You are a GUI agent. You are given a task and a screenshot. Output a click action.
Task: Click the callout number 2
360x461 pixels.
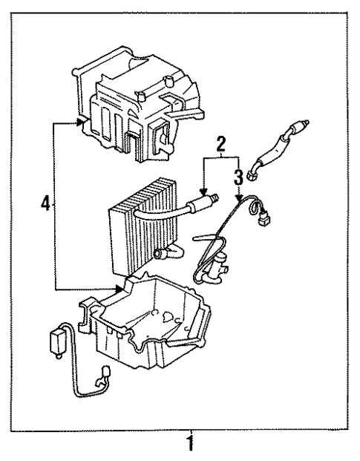coord(220,143)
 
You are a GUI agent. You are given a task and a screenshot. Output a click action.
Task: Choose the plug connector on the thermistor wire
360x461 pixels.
coord(264,220)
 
